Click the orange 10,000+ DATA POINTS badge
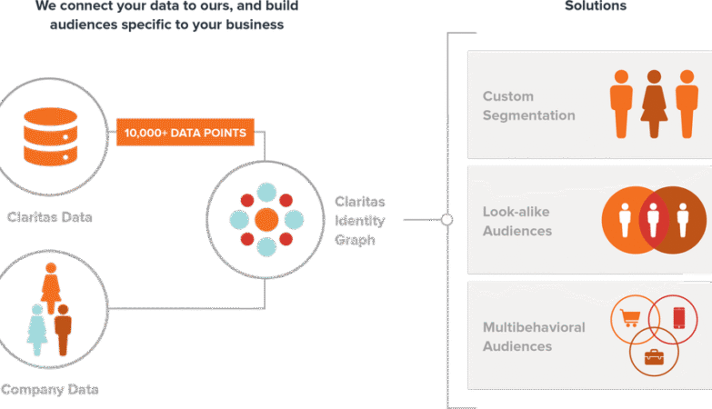(x=186, y=133)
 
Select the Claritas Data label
(x=49, y=217)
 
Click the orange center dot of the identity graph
(x=266, y=219)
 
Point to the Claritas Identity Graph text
(x=360, y=220)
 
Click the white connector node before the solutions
(x=446, y=220)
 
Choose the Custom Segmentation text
(x=528, y=105)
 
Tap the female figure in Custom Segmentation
(x=654, y=104)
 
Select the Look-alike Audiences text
(x=517, y=221)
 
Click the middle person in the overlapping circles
(x=654, y=220)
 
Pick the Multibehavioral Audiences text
(x=534, y=336)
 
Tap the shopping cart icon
(x=629, y=319)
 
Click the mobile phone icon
(x=678, y=318)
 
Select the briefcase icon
(x=654, y=356)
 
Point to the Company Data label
(x=49, y=390)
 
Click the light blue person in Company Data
(x=36, y=329)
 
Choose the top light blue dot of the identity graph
(x=266, y=192)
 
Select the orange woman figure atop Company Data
(x=50, y=287)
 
